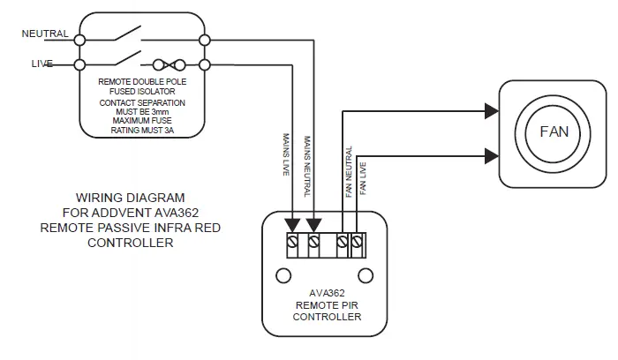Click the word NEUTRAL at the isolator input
(43, 34)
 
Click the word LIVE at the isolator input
(41, 64)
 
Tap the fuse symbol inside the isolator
(169, 64)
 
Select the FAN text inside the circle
(554, 131)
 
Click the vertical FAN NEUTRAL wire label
(349, 171)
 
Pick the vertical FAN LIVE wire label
(363, 176)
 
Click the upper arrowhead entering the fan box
(492, 112)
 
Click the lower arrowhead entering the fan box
(492, 155)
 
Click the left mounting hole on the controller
(283, 276)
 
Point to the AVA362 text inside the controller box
(327, 295)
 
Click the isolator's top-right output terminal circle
(205, 39)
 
